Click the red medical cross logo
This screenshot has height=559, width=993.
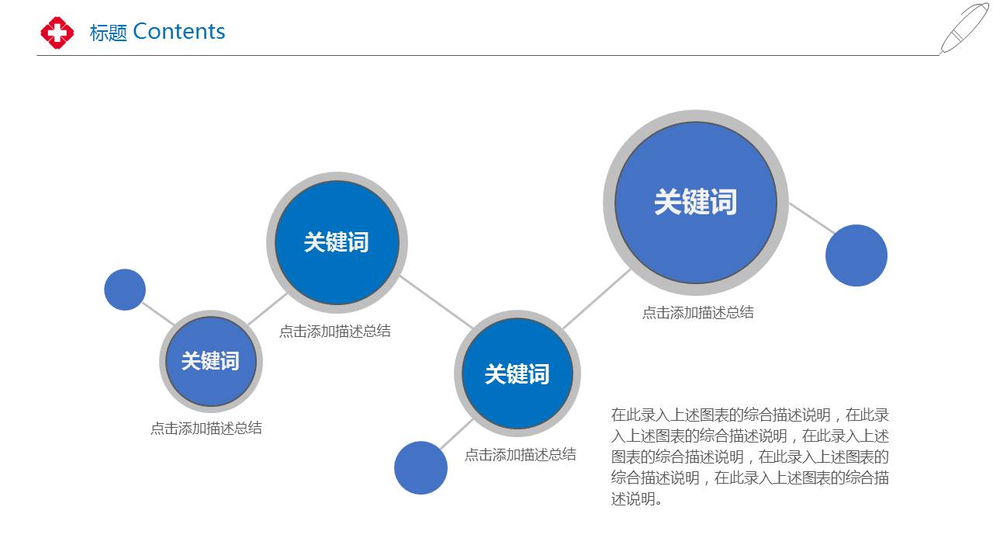(x=57, y=33)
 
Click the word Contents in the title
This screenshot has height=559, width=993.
(x=179, y=32)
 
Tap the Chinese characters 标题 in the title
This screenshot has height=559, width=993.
(x=108, y=33)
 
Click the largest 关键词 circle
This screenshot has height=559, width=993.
(x=696, y=203)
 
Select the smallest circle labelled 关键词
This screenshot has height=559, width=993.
(x=211, y=361)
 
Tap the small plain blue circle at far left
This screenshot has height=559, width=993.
(x=125, y=290)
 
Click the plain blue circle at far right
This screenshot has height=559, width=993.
(x=856, y=255)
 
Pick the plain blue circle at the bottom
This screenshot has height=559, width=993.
(x=420, y=467)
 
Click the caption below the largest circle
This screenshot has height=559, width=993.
(x=697, y=312)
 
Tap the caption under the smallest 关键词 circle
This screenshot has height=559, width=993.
(x=206, y=428)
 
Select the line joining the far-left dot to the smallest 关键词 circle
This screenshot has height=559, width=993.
(x=158, y=314)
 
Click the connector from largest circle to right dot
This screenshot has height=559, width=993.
(x=812, y=218)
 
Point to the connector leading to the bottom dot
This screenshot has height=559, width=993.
(x=456, y=434)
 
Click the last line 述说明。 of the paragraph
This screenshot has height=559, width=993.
(x=637, y=499)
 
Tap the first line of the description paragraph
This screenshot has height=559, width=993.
(x=750, y=415)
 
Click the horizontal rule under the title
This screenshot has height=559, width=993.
(x=488, y=55)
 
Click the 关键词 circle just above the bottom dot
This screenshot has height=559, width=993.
(x=517, y=373)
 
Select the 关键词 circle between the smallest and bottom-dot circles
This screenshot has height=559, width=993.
(x=337, y=243)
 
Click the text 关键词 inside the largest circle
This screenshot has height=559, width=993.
(x=696, y=202)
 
